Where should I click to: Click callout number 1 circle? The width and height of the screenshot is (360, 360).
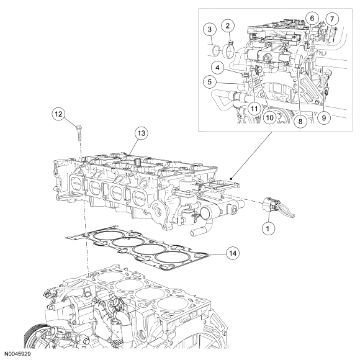[268, 228]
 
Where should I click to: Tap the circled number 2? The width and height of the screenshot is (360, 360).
[228, 26]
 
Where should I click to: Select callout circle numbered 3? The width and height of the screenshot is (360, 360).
[210, 29]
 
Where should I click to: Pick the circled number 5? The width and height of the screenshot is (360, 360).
[209, 82]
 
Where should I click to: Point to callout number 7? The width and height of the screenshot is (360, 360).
[333, 19]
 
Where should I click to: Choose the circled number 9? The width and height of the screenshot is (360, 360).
[324, 118]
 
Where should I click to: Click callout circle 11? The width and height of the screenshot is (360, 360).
[254, 109]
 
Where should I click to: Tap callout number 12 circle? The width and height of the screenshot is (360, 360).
[58, 114]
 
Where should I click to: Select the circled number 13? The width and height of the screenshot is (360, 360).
[142, 133]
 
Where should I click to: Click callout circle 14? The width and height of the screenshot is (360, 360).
[233, 253]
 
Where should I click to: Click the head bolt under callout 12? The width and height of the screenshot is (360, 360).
[79, 133]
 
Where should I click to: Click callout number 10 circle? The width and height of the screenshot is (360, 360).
[270, 117]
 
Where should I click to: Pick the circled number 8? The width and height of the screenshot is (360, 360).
[300, 121]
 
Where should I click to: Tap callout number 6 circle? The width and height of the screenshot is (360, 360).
[312, 18]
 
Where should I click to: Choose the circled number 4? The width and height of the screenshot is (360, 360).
[217, 68]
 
